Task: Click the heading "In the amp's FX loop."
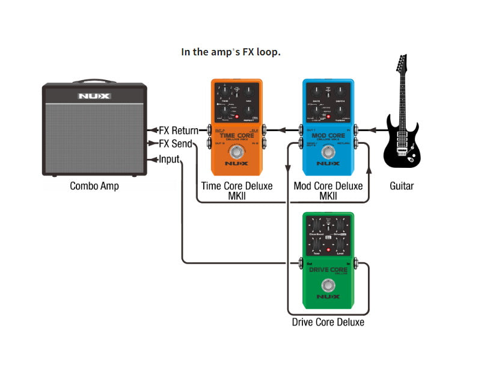pyautogui.click(x=231, y=52)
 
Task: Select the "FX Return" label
pyautogui.click(x=179, y=129)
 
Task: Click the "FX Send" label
pyautogui.click(x=176, y=144)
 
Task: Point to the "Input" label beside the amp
pyautogui.click(x=169, y=159)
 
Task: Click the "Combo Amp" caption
pyautogui.click(x=94, y=186)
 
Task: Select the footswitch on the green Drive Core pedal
pyautogui.click(x=328, y=285)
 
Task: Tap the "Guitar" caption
pyautogui.click(x=402, y=186)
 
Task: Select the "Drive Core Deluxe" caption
pyautogui.click(x=328, y=322)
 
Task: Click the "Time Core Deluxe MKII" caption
pyautogui.click(x=237, y=191)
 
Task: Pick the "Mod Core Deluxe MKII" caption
pyautogui.click(x=328, y=191)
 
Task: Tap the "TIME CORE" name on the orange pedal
pyautogui.click(x=237, y=135)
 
